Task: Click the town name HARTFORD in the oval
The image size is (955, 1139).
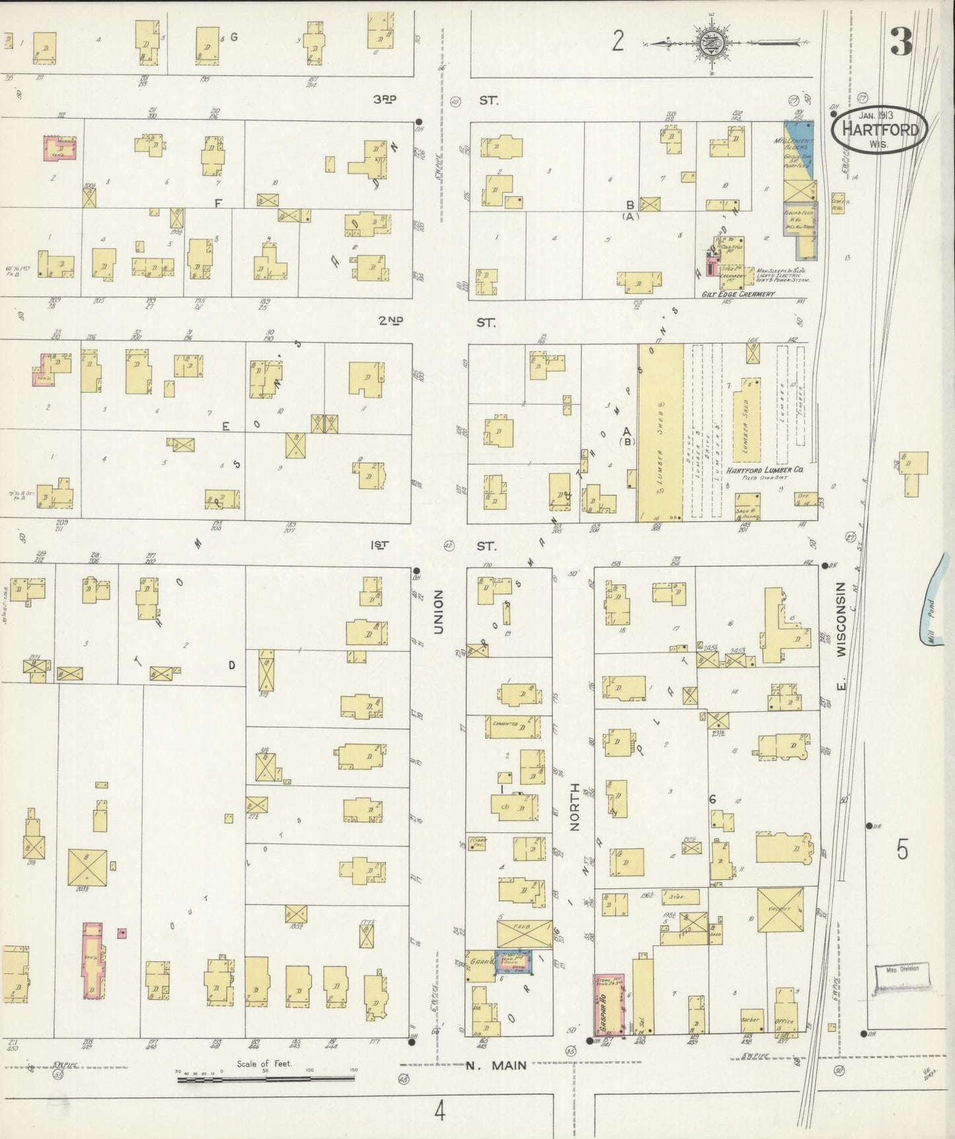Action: click(879, 130)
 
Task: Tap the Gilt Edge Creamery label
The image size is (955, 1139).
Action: click(738, 294)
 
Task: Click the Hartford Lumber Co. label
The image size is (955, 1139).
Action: click(765, 470)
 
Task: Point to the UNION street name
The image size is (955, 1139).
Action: click(438, 612)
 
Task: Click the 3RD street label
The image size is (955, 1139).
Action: click(384, 99)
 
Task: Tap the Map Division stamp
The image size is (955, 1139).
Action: click(901, 976)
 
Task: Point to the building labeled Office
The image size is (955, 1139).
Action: click(784, 1021)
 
